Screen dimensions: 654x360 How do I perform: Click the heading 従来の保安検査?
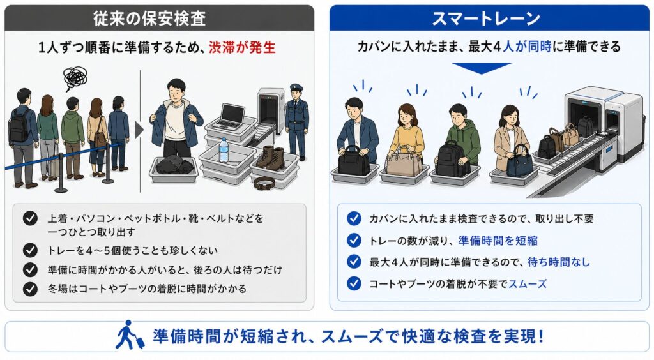click(149, 19)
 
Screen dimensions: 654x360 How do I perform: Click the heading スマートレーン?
click(486, 19)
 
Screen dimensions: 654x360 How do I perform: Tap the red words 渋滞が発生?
click(242, 47)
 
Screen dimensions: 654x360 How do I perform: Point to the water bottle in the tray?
click(224, 150)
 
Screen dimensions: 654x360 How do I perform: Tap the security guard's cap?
click(296, 87)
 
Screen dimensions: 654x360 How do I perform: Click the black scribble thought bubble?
click(75, 78)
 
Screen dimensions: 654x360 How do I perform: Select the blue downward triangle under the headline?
click(482, 68)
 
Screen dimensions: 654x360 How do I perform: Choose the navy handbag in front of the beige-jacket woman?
click(520, 161)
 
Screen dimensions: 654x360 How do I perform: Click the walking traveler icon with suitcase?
click(129, 335)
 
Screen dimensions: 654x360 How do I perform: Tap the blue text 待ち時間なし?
click(559, 262)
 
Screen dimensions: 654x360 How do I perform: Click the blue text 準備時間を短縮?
click(498, 241)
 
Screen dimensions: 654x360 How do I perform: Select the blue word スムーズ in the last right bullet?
click(527, 284)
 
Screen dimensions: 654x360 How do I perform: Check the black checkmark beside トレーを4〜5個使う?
click(30, 250)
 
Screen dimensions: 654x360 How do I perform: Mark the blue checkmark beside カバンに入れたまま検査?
click(354, 218)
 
